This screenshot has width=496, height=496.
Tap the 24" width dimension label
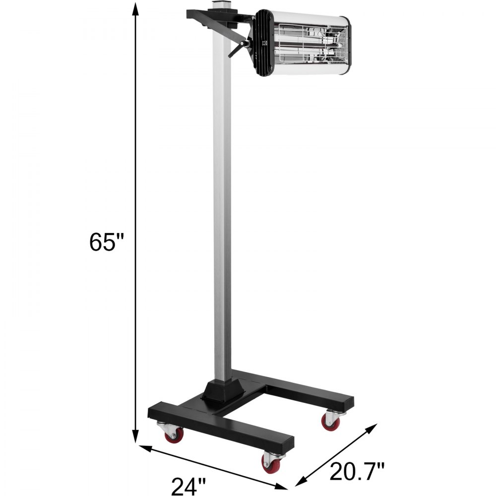click(187, 486)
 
